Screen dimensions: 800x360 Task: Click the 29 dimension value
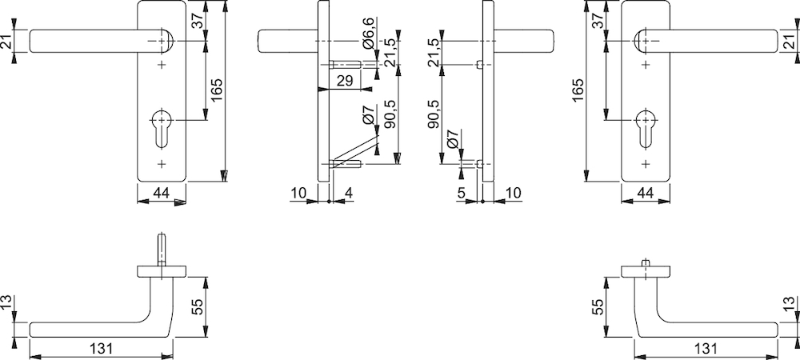coord(345,81)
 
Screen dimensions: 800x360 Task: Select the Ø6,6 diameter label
coord(370,33)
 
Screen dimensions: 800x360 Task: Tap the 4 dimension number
coord(349,194)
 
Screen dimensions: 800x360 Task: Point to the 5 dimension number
coord(461,194)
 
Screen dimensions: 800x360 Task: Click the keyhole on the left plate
coord(162,128)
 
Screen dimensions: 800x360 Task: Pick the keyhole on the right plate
coord(646,128)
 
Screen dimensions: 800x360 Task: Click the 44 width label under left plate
coord(162,194)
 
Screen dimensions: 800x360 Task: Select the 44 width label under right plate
coord(646,194)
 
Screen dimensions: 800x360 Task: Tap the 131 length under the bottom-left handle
coord(101,349)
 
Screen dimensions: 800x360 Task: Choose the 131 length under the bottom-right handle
coord(706,349)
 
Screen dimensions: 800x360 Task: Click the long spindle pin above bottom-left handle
coord(162,250)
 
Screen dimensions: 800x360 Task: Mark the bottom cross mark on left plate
coord(162,164)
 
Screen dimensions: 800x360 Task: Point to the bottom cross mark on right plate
coord(646,164)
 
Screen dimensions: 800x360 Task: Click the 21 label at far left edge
coord(6,41)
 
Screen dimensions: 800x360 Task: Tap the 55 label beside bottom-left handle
coord(198,306)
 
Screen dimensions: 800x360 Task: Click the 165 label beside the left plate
coord(218,90)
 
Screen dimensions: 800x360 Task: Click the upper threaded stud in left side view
coord(346,65)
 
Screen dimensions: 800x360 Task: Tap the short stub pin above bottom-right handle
coord(646,262)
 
